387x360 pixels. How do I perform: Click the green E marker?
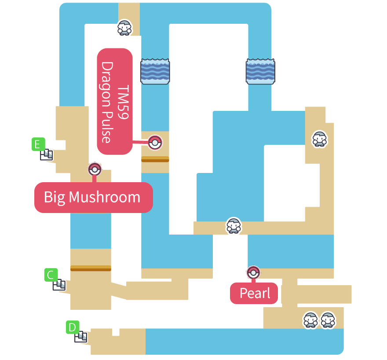(38, 144)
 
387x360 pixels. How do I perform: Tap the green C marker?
(51, 275)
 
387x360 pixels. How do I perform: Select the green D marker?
(72, 327)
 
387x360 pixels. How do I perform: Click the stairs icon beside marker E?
(47, 154)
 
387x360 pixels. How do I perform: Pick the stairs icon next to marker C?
(59, 285)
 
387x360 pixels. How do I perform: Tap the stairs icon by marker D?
(81, 337)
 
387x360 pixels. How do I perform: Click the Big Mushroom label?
(93, 197)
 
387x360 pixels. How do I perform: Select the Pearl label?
(254, 293)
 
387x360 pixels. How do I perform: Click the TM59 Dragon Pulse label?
(115, 101)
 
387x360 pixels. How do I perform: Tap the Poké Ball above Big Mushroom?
(95, 169)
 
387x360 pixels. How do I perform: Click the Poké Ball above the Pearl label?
(253, 273)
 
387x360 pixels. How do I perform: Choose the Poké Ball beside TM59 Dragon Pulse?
(155, 143)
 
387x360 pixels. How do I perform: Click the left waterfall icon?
(155, 71)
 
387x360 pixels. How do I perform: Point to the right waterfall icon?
(260, 71)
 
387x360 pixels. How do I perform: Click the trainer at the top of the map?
(124, 28)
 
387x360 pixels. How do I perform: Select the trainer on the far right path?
(320, 139)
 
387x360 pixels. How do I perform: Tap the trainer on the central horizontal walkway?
(234, 225)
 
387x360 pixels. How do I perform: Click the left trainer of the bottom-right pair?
(310, 320)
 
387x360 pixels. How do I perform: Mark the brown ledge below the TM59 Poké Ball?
(155, 159)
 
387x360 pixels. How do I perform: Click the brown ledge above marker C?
(91, 268)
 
